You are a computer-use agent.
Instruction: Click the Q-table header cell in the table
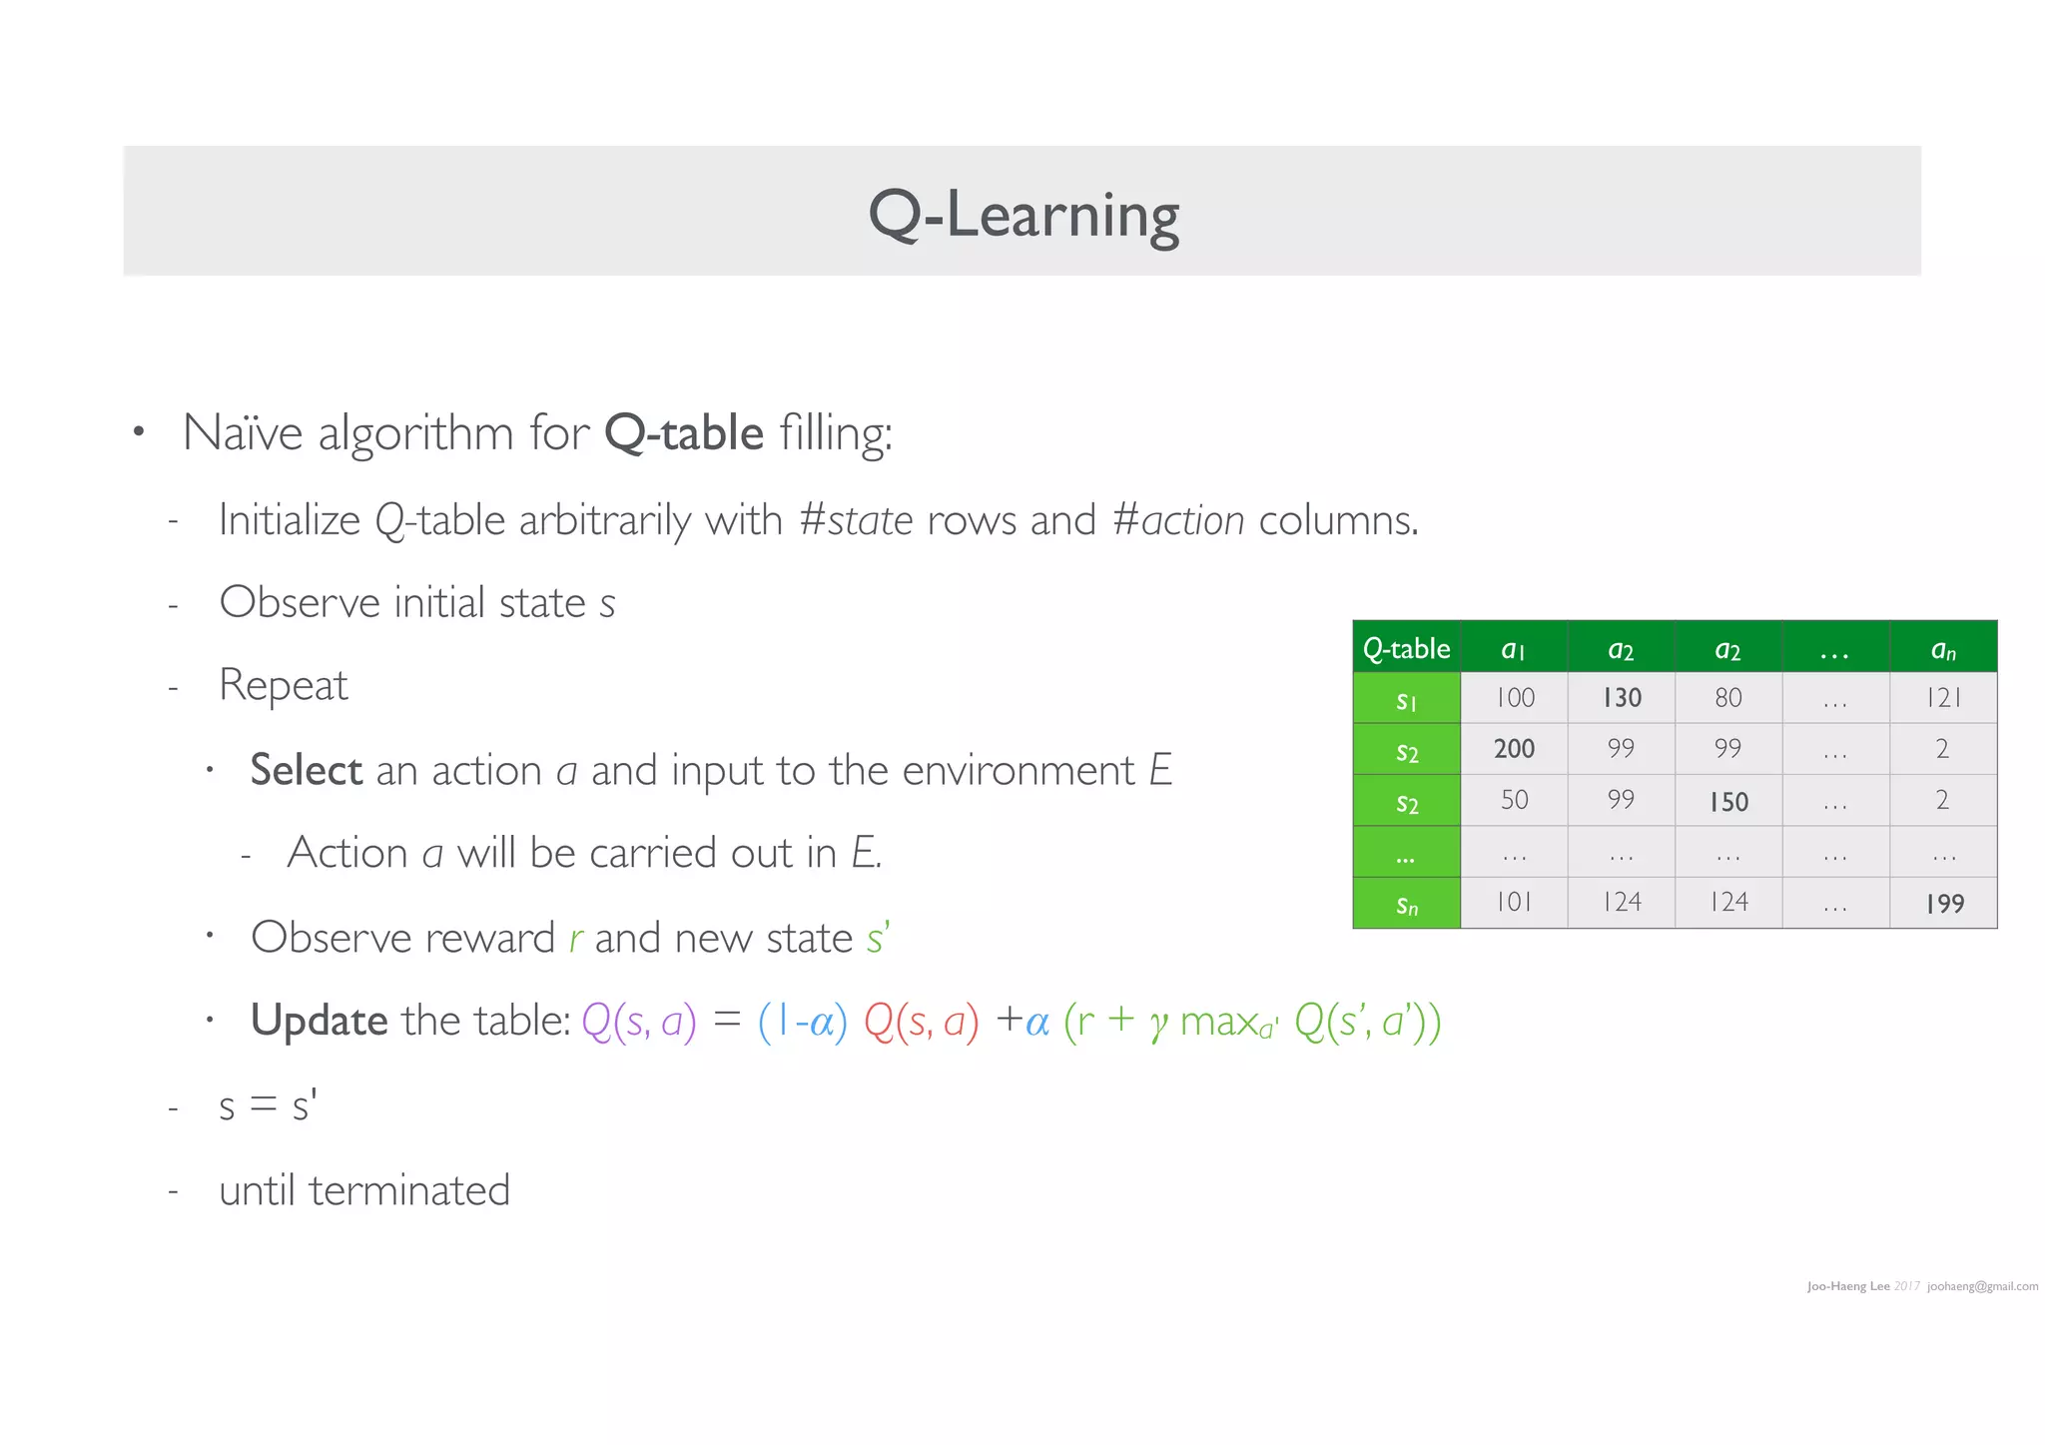pos(1406,648)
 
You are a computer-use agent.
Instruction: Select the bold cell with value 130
pos(1622,698)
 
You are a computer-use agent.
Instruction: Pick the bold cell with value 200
pos(1514,749)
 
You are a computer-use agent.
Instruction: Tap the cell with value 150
pos(1728,801)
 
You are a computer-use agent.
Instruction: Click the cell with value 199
pos(1944,904)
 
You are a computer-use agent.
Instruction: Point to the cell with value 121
pos(1944,698)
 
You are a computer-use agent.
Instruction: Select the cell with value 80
pos(1728,698)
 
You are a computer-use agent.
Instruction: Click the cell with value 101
pos(1514,903)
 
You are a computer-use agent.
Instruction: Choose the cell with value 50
pos(1514,800)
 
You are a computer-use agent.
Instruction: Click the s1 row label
pos(1406,700)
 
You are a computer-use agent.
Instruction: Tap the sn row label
pos(1406,905)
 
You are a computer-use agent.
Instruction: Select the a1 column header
pos(1513,650)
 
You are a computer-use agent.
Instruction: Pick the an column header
pos(1943,650)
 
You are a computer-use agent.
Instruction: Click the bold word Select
pos(306,770)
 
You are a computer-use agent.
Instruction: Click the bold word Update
pos(319,1021)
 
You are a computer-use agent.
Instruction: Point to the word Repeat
pos(283,686)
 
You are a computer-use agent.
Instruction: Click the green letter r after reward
pos(576,939)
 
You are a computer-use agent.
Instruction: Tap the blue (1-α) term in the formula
pos(802,1022)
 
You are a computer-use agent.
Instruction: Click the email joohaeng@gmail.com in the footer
pos(1982,1286)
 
